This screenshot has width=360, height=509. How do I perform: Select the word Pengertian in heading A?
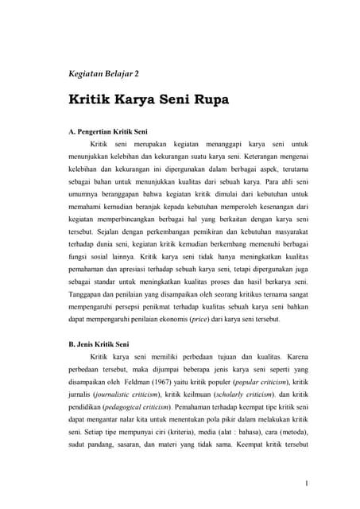pyautogui.click(x=103, y=129)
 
